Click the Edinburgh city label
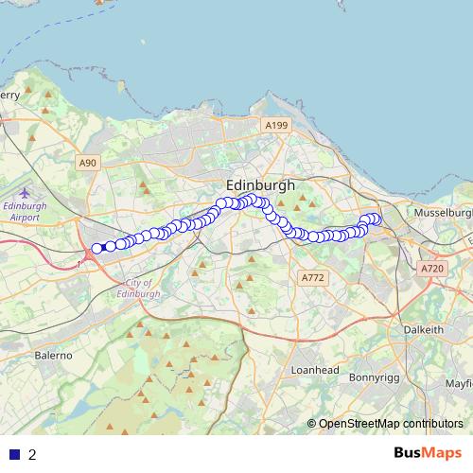[x=260, y=185]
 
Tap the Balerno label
[x=53, y=355]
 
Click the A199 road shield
[x=275, y=125]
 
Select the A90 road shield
[x=88, y=163]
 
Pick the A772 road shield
[x=311, y=277]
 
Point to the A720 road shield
[x=432, y=269]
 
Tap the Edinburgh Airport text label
[x=25, y=210]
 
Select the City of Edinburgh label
[x=143, y=289]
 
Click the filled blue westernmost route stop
[x=96, y=249]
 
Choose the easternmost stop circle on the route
[x=376, y=219]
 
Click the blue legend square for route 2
[x=14, y=454]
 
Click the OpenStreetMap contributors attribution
[x=386, y=423]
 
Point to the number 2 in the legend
[x=33, y=454]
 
